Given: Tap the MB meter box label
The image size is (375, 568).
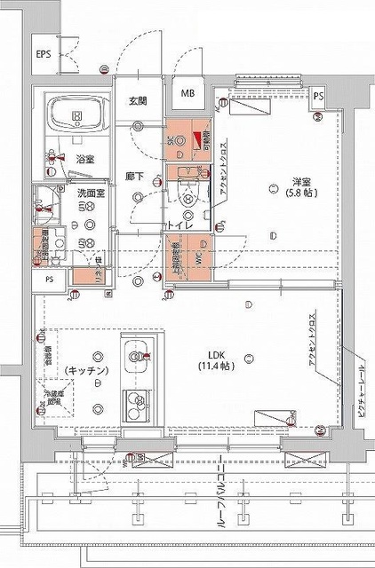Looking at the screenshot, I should [188, 93].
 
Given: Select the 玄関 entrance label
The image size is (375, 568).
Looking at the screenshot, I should [137, 99].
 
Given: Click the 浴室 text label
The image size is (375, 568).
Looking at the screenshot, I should [85, 159].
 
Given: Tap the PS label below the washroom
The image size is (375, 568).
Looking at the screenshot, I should [49, 279].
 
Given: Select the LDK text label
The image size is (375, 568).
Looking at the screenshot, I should [216, 353].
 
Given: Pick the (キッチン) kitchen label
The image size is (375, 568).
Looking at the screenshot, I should [85, 369].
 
